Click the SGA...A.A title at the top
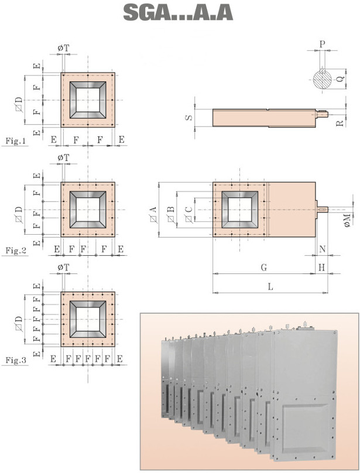click(x=178, y=13)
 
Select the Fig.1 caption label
click(x=16, y=141)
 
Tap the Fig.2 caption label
click(x=16, y=251)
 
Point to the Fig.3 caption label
click(x=16, y=360)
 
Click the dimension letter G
click(x=264, y=268)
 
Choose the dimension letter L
click(x=270, y=286)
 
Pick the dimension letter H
click(x=322, y=268)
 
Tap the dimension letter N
click(x=323, y=249)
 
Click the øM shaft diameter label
click(x=347, y=220)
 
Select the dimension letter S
click(x=189, y=118)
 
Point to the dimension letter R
click(x=340, y=123)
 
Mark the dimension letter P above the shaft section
click(x=323, y=44)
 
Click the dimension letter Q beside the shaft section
click(x=341, y=78)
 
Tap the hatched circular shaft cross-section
click(x=323, y=79)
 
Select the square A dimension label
click(x=153, y=214)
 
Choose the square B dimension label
click(x=171, y=214)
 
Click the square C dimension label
click(x=188, y=214)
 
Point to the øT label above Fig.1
click(x=63, y=48)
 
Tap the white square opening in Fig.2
click(x=88, y=210)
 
